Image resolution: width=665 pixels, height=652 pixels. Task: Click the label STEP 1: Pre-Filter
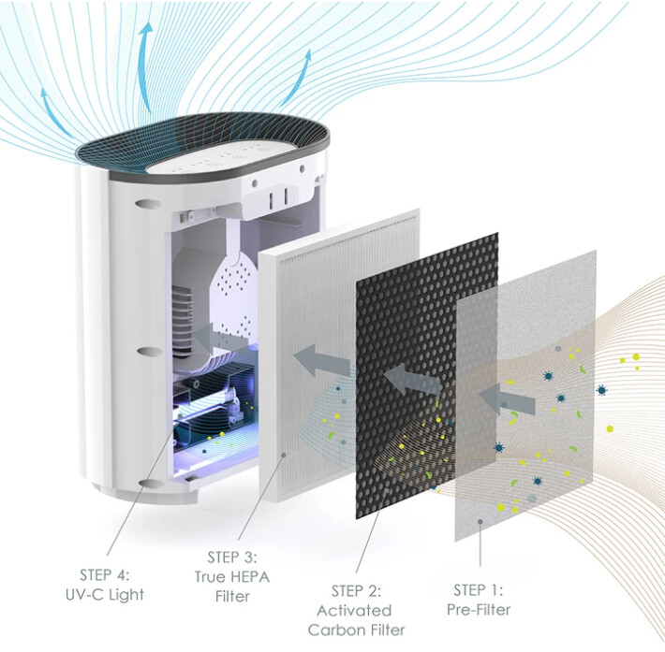point(479,600)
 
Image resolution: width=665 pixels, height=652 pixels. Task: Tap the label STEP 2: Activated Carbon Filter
point(356,611)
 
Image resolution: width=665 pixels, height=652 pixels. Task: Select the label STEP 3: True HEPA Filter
point(232,576)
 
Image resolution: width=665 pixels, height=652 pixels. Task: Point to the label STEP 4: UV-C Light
point(105,585)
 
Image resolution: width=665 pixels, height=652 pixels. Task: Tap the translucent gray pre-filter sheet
point(525,396)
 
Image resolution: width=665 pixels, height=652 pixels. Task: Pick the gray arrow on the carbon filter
point(412,378)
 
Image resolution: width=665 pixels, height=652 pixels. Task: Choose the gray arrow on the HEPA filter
point(322,359)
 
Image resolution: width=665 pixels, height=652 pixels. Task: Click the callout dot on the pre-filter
point(480,522)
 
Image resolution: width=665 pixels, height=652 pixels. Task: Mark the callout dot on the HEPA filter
point(284,455)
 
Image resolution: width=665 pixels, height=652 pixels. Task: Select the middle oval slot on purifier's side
point(151,351)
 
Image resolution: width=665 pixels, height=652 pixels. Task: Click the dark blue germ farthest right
point(601,390)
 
